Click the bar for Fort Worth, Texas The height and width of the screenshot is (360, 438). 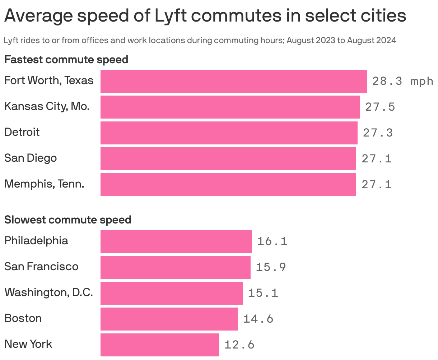tap(233, 81)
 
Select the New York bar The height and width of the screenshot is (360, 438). tap(159, 345)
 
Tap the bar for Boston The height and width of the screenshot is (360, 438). tap(169, 319)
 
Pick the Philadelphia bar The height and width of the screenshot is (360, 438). tap(176, 241)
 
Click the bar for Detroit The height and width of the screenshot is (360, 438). tap(229, 133)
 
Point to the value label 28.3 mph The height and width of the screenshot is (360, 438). tap(403, 81)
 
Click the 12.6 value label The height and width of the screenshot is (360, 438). tap(239, 345)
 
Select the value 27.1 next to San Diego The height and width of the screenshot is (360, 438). tap(377, 158)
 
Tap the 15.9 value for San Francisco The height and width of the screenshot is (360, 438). tap(271, 267)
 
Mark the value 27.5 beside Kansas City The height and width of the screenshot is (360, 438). tap(380, 107)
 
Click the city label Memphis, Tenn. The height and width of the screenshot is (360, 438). tap(44, 184)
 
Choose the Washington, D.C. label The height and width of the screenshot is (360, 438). tap(48, 292)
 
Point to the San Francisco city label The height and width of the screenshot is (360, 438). tap(41, 267)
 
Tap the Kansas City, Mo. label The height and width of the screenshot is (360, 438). tap(47, 106)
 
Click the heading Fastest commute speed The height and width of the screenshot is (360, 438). tap(66, 60)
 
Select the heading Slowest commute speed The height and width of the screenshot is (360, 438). tap(67, 220)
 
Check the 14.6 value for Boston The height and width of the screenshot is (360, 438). tap(258, 319)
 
